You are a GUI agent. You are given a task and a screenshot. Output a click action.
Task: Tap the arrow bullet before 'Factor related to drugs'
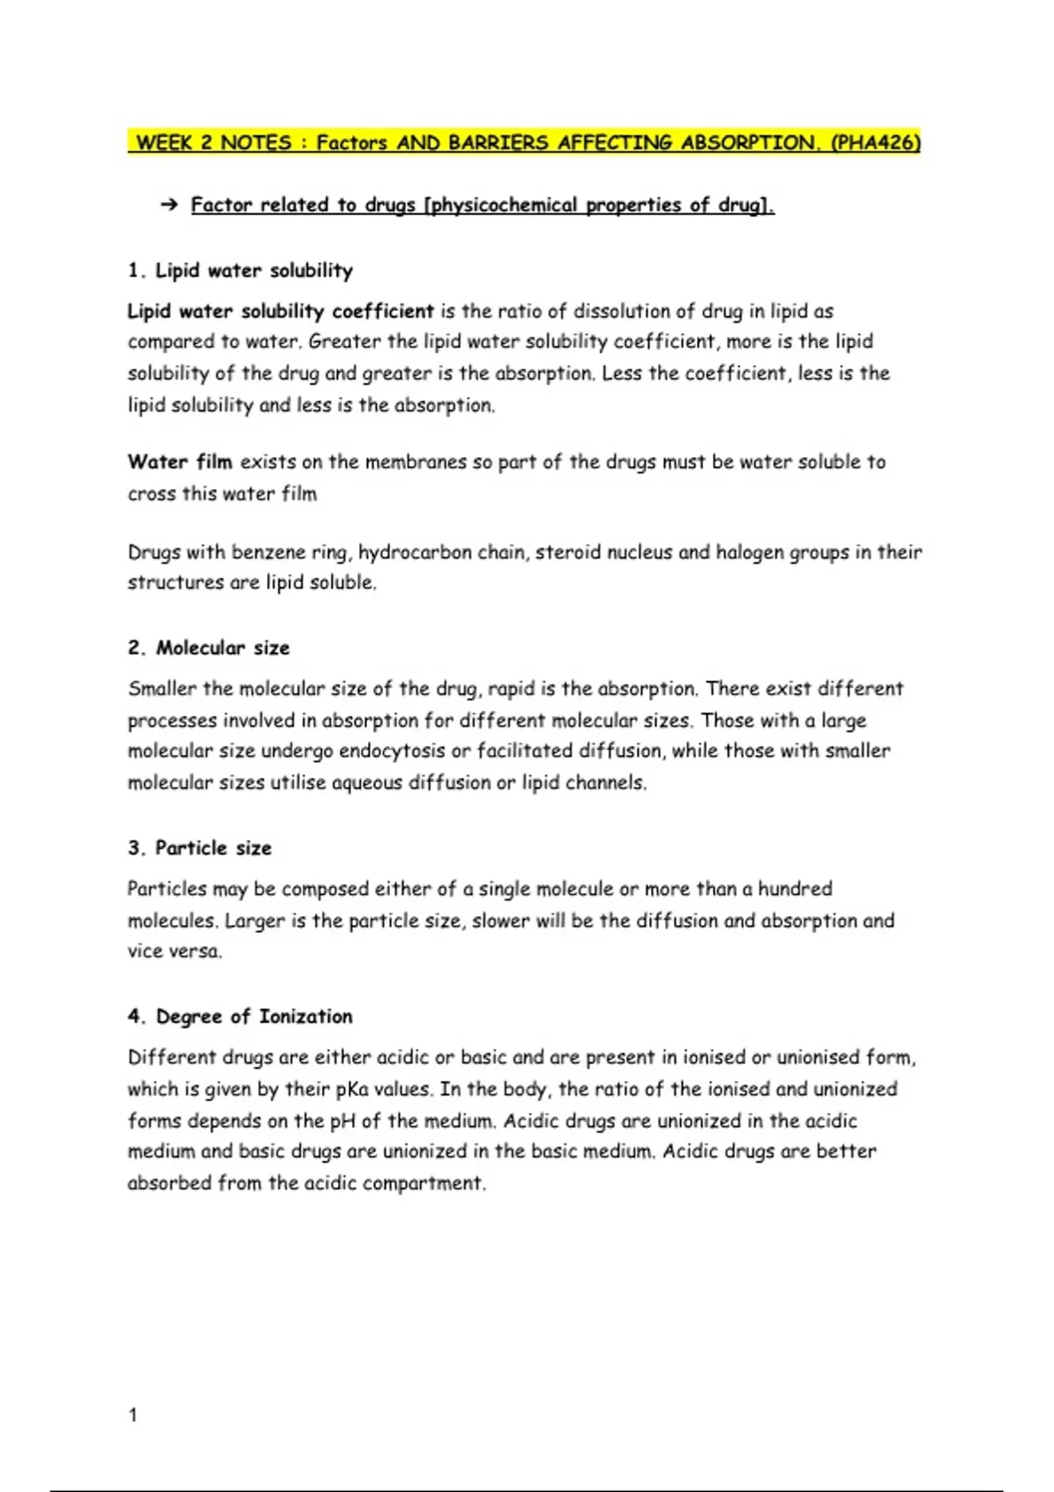tap(169, 205)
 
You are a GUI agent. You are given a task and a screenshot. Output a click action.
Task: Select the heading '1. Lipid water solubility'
tap(240, 270)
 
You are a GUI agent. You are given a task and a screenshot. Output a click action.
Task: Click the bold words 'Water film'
tap(180, 462)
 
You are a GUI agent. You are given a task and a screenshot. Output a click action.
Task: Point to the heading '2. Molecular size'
tap(208, 648)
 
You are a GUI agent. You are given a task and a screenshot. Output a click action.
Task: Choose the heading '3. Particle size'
tap(199, 848)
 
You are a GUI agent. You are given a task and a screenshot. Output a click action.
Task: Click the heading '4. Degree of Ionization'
tap(240, 1016)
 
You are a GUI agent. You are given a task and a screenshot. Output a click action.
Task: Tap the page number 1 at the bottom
tap(133, 1415)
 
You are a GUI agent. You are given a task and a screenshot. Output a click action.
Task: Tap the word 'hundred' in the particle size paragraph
tap(795, 889)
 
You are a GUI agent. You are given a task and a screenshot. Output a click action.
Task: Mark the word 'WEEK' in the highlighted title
tap(164, 143)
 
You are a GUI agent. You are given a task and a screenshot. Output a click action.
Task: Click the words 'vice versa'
tap(175, 951)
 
